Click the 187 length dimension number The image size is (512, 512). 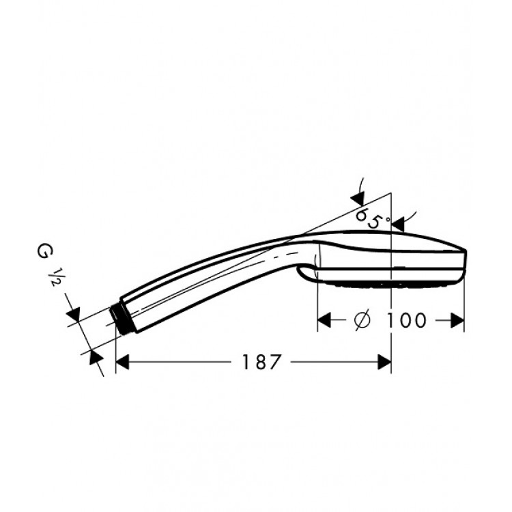[261, 362]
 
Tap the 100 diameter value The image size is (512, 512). [406, 320]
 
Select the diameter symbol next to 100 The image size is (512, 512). [362, 320]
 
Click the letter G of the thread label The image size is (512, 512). [42, 252]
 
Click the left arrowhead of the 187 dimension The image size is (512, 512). [122, 362]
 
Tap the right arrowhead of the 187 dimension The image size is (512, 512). [384, 362]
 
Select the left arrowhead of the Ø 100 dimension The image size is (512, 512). [324, 320]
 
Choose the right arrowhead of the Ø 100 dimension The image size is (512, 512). [457, 320]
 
